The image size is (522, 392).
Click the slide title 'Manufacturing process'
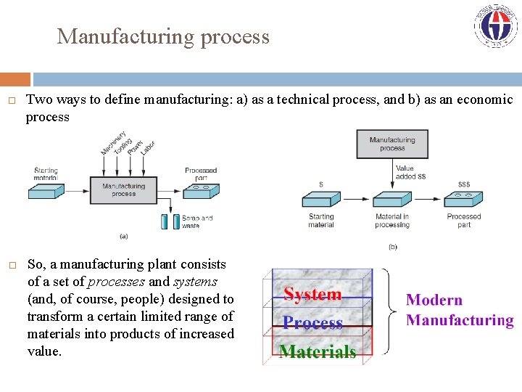click(163, 36)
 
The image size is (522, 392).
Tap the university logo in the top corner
click(496, 26)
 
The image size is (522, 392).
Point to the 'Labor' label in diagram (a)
click(147, 147)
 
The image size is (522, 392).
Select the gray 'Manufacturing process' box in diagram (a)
click(123, 190)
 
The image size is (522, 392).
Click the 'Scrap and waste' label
click(196, 221)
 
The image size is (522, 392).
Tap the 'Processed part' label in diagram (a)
click(201, 174)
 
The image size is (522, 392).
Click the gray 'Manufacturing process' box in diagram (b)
click(392, 144)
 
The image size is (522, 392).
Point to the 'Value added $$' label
click(410, 172)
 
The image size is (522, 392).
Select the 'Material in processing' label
click(392, 221)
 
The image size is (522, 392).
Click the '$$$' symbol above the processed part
click(464, 184)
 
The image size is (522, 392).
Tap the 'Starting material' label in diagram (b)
click(321, 221)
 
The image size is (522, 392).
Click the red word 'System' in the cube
click(312, 294)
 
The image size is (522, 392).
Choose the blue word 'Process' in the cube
click(312, 323)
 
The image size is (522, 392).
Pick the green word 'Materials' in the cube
click(318, 352)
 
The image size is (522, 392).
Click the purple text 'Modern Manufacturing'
click(460, 310)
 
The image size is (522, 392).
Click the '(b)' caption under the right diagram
click(392, 247)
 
